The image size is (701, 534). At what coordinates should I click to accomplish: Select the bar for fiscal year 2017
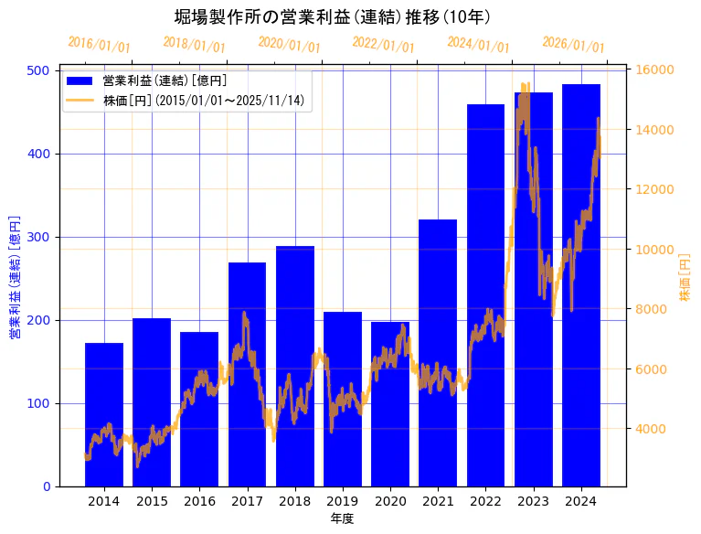247,374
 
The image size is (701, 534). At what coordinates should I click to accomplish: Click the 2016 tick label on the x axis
199,501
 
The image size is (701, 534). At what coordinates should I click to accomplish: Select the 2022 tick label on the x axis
485,501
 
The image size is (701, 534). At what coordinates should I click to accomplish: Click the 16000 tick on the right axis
654,70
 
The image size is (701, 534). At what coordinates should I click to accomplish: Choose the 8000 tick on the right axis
651,309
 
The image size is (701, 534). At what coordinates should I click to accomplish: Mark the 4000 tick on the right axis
651,429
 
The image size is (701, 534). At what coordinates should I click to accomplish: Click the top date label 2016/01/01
99,45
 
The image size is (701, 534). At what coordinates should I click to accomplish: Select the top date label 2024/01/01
478,45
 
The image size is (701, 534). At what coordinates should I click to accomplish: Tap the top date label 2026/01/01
573,45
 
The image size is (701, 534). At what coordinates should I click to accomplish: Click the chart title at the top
333,17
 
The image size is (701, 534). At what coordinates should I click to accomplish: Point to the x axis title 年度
342,518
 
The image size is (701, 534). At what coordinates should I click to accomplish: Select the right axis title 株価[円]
685,278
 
